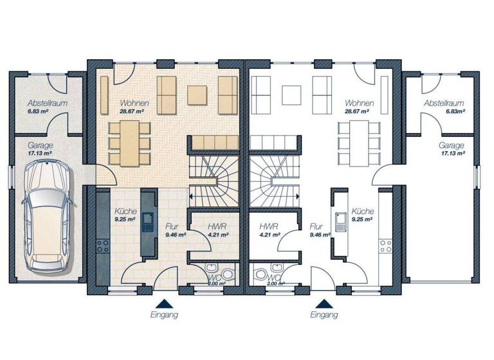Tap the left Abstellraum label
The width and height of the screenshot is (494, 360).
[47, 103]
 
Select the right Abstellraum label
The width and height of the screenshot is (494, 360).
[444, 103]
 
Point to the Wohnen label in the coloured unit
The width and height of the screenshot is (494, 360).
[134, 103]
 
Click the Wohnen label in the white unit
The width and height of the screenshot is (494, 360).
[359, 103]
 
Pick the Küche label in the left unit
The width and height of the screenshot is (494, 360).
[125, 211]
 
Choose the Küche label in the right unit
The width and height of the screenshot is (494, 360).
[363, 211]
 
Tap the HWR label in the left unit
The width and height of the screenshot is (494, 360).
[215, 226]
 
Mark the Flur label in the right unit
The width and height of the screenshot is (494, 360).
[315, 227]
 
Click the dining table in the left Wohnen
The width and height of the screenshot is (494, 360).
[129, 142]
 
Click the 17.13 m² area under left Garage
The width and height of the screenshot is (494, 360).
[40, 154]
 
